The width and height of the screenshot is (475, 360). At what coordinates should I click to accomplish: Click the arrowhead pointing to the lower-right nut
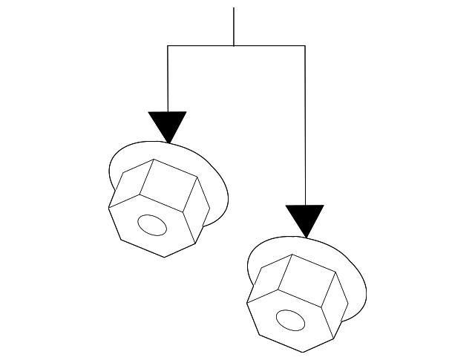305,217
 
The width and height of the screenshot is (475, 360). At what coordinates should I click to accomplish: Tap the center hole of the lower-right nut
290,320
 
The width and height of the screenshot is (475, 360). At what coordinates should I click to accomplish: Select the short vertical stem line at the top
234,27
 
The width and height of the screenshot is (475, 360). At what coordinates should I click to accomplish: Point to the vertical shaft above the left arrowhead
168,78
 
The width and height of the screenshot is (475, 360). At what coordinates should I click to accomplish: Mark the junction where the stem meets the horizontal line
234,46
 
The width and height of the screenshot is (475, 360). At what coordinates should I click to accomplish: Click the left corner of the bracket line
168,46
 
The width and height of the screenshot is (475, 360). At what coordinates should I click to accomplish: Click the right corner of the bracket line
305,46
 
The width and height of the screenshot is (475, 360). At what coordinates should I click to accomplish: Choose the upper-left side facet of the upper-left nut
131,185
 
